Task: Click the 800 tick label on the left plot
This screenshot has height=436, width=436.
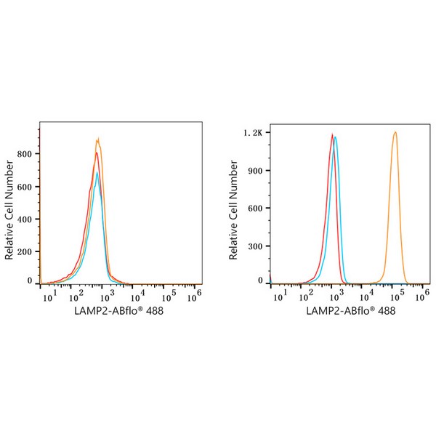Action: click(28, 154)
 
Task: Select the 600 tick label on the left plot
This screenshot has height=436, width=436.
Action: click(28, 186)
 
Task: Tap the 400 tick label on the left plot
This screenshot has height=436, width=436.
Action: click(28, 217)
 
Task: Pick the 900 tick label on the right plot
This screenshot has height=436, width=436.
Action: click(254, 171)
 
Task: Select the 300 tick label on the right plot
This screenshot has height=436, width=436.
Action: click(254, 245)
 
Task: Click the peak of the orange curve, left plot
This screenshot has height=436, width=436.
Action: click(98, 139)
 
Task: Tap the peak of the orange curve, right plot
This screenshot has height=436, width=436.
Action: click(395, 132)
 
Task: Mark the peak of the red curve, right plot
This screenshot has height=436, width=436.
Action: click(332, 134)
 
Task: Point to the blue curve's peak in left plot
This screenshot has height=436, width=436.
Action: click(97, 172)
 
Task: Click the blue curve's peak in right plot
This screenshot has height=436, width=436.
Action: click(336, 137)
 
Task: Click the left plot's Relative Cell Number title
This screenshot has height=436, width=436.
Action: click(9, 211)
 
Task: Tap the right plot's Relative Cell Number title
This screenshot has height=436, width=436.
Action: click(233, 211)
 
